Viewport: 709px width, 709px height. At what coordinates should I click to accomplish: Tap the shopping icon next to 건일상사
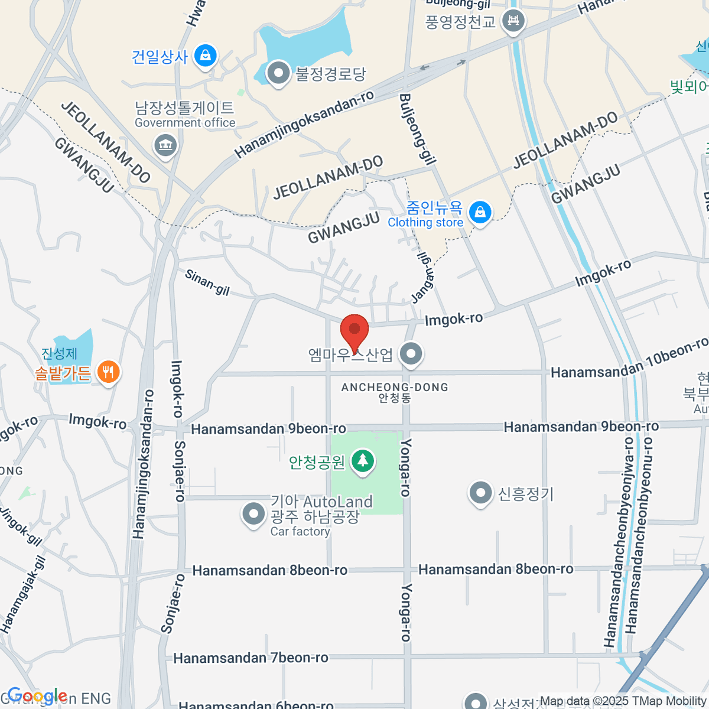205,56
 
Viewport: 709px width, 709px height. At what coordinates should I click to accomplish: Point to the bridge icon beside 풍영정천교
513,22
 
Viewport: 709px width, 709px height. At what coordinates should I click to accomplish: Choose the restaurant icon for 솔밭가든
108,372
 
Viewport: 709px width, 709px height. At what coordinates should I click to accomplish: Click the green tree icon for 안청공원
363,461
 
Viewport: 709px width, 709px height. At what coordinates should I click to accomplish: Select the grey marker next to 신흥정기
480,493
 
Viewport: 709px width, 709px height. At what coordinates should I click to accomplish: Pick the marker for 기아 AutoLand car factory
254,514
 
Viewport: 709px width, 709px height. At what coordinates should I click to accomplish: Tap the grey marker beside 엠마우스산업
411,354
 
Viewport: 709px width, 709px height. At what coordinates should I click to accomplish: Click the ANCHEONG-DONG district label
395,388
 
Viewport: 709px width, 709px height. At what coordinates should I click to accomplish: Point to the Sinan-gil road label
207,282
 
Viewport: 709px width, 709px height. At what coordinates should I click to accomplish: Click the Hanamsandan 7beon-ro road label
251,658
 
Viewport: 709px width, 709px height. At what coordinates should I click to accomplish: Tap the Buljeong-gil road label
418,128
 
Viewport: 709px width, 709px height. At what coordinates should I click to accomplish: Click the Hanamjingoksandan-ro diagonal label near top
304,125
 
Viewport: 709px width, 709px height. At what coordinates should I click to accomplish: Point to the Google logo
37,697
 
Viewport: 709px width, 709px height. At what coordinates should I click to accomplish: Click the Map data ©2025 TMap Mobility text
623,701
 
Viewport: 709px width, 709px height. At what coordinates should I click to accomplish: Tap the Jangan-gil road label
425,278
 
